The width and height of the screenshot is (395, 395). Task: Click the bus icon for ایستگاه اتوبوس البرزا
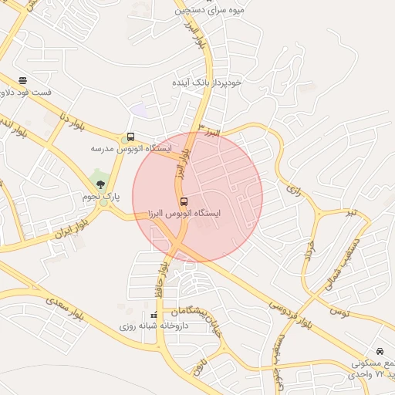[x=183, y=201]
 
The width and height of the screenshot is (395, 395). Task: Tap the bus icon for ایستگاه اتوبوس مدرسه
[x=130, y=137]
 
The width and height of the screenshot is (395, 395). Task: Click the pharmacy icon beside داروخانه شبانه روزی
[x=154, y=316]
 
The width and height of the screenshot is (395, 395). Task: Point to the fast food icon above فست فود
[x=23, y=80]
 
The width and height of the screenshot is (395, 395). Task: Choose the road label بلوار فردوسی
[x=289, y=309]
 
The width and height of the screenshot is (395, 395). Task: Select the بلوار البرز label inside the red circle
[x=179, y=165]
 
